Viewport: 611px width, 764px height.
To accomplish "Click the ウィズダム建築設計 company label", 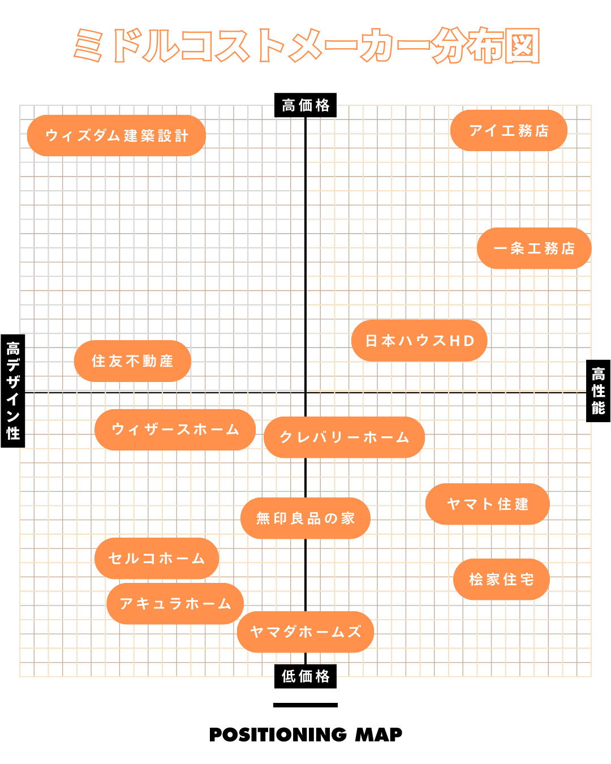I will pyautogui.click(x=117, y=136).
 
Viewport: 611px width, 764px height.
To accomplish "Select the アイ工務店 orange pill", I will pyautogui.click(x=509, y=131).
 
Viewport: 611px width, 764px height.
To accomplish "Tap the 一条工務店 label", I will pyautogui.click(x=534, y=248).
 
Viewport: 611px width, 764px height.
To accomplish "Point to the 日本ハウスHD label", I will pyautogui.click(x=419, y=341).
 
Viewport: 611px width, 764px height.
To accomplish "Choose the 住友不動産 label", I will pyautogui.click(x=132, y=361).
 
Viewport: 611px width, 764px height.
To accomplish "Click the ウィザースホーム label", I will pyautogui.click(x=175, y=430).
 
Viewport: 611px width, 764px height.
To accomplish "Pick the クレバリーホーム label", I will pyautogui.click(x=344, y=437).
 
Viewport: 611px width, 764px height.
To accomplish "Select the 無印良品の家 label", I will pyautogui.click(x=305, y=518).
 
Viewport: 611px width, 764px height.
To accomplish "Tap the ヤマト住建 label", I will pyautogui.click(x=487, y=504).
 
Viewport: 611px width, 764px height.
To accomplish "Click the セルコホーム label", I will pyautogui.click(x=157, y=559).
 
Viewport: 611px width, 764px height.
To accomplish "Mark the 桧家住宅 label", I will pyautogui.click(x=501, y=580).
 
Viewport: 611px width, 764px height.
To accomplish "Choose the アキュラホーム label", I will pyautogui.click(x=175, y=604).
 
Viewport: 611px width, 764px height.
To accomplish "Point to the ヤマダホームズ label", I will pyautogui.click(x=305, y=632).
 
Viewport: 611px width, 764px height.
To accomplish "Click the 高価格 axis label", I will pyautogui.click(x=305, y=105).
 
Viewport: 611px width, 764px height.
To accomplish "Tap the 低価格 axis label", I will pyautogui.click(x=305, y=676).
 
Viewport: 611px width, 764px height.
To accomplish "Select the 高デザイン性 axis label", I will pyautogui.click(x=13, y=391).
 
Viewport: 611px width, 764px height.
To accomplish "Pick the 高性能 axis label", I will pyautogui.click(x=598, y=391).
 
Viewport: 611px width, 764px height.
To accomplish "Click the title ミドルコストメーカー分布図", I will pyautogui.click(x=305, y=45).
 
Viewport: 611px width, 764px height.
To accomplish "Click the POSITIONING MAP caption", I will pyautogui.click(x=305, y=735).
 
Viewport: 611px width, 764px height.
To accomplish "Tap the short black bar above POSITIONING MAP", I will pyautogui.click(x=305, y=705).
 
